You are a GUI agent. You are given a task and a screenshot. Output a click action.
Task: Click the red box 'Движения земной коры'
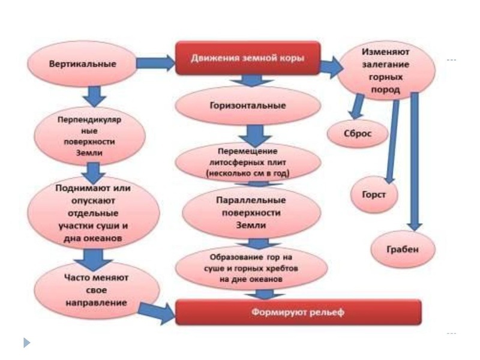coord(247,58)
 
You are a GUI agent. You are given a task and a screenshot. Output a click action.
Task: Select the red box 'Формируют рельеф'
coord(298,313)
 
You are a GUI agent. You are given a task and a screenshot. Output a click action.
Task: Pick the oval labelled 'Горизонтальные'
coord(247,106)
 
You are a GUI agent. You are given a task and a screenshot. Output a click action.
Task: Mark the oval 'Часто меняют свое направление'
coord(96,290)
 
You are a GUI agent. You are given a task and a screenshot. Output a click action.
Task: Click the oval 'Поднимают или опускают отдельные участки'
coord(96,213)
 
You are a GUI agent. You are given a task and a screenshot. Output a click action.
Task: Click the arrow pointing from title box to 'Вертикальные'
coord(155,62)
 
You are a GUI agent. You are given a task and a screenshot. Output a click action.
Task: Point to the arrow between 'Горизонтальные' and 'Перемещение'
coord(247,133)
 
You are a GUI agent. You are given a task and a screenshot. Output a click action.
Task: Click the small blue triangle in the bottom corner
coord(26,343)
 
